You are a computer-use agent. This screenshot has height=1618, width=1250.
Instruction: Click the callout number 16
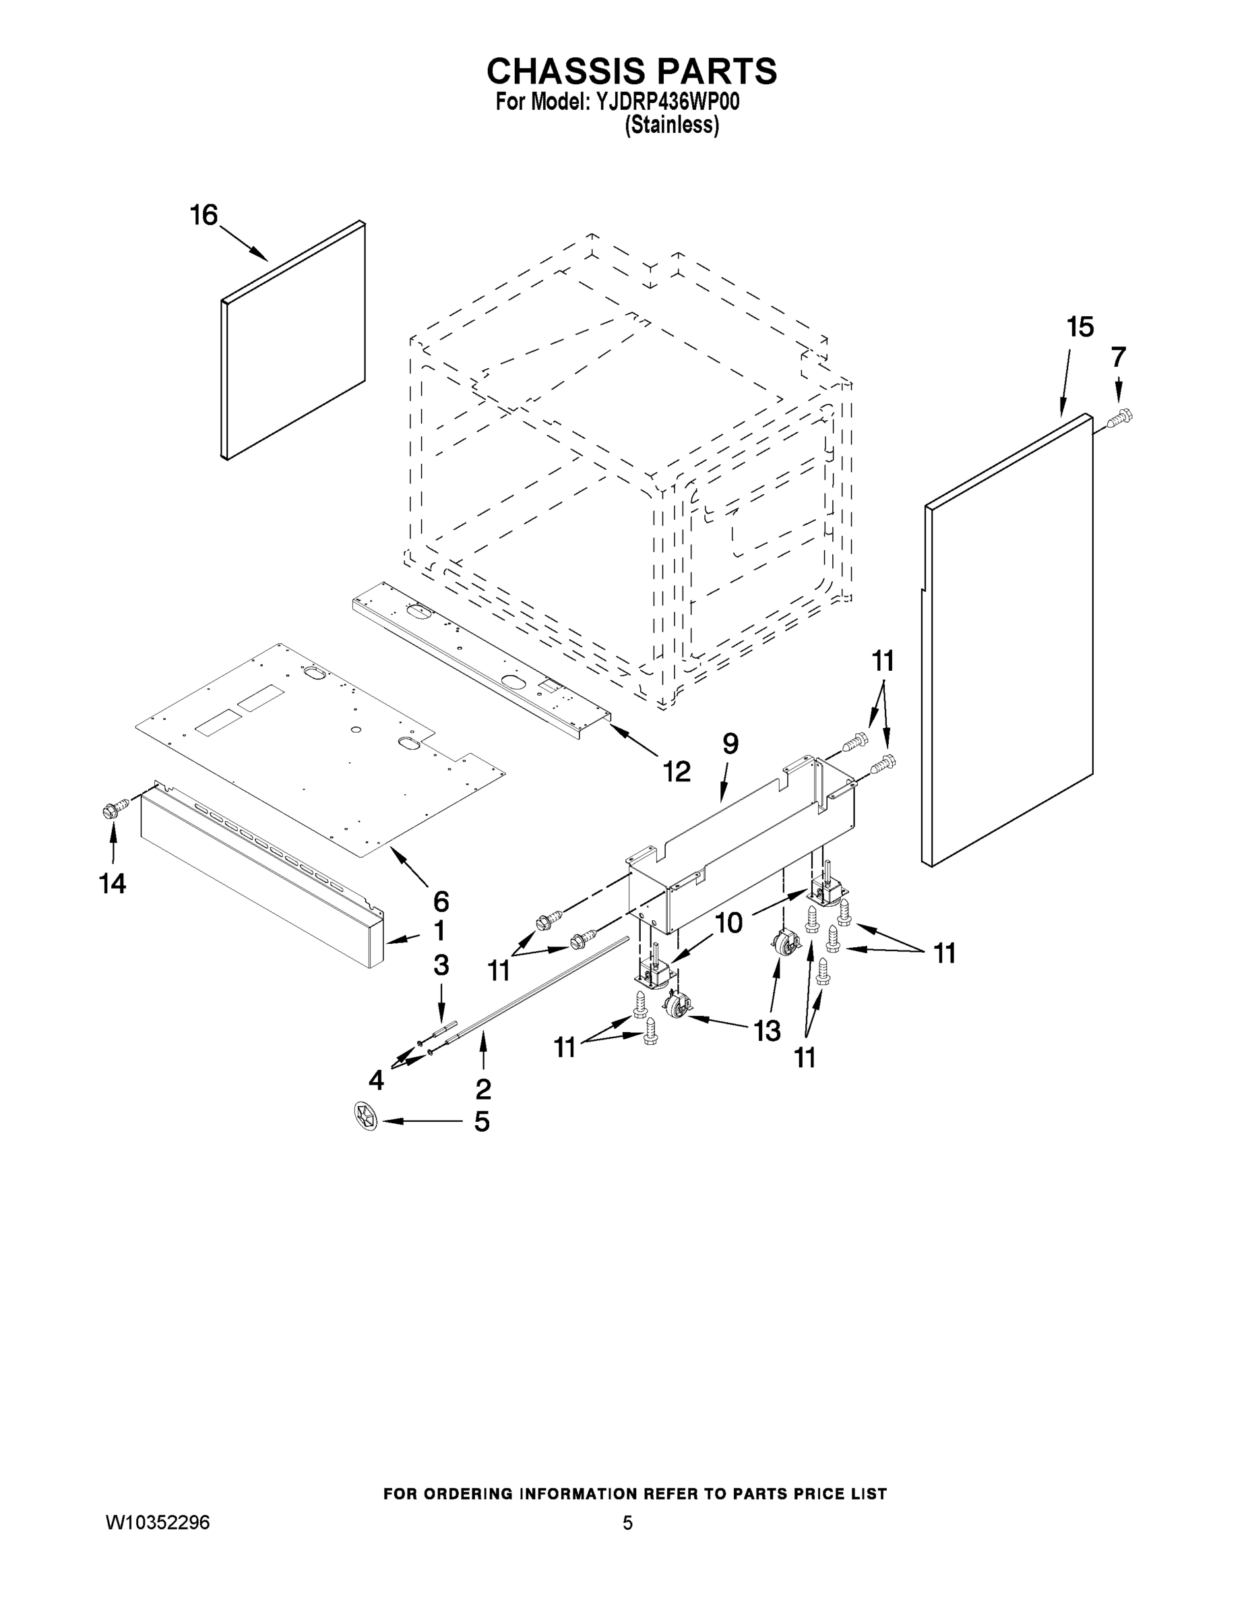click(204, 216)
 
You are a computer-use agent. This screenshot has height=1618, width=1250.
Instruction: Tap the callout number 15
click(1080, 327)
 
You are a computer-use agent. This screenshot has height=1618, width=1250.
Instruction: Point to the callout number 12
click(676, 771)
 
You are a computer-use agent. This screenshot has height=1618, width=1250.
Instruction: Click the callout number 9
click(730, 743)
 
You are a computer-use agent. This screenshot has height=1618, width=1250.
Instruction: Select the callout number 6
click(441, 901)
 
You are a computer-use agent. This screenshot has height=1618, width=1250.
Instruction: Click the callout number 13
click(766, 1029)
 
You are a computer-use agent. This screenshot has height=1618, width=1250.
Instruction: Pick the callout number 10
click(728, 923)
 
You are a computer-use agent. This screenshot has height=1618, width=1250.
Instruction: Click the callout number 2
click(483, 1088)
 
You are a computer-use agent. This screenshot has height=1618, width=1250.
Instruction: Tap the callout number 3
click(441, 965)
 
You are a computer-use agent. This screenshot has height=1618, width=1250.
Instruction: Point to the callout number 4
click(376, 1080)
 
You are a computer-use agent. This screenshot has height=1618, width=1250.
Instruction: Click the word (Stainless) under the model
click(671, 125)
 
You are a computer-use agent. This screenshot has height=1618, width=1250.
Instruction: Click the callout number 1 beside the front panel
click(439, 930)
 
